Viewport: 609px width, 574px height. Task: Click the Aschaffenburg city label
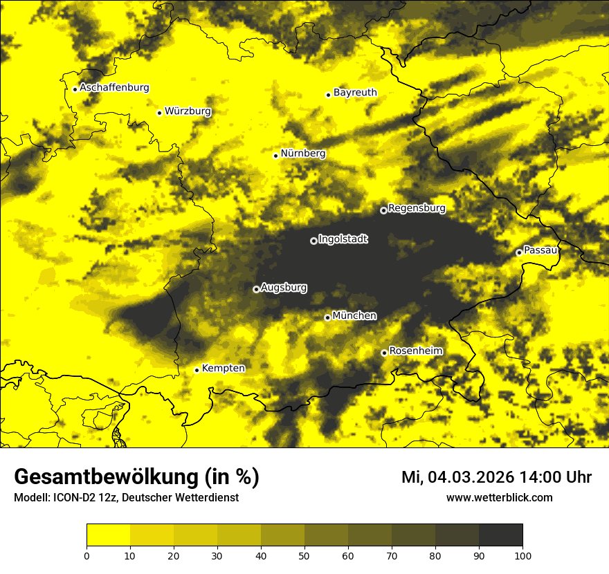tap(114, 88)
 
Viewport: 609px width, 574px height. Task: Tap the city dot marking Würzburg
tap(159, 113)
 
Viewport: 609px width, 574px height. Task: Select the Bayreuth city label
tap(355, 92)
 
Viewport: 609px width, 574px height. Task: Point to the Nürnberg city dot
tap(275, 156)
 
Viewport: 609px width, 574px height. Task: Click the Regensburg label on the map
tap(417, 207)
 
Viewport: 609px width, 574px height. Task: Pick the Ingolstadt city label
tap(343, 239)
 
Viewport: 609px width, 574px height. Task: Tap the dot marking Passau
tap(518, 252)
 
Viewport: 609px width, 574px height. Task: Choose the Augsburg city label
tap(284, 287)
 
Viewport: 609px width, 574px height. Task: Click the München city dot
tap(327, 317)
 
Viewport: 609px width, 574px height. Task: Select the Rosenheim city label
tap(415, 351)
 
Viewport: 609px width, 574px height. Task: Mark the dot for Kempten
tap(197, 370)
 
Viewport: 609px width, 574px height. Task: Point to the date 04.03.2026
tap(471, 477)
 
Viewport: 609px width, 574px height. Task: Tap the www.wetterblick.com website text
tap(499, 498)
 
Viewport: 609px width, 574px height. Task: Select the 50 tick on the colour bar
tap(304, 555)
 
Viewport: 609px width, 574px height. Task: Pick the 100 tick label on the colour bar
tap(522, 555)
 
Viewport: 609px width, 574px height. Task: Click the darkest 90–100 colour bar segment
tap(500, 535)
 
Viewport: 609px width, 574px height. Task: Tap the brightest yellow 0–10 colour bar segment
tap(108, 535)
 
